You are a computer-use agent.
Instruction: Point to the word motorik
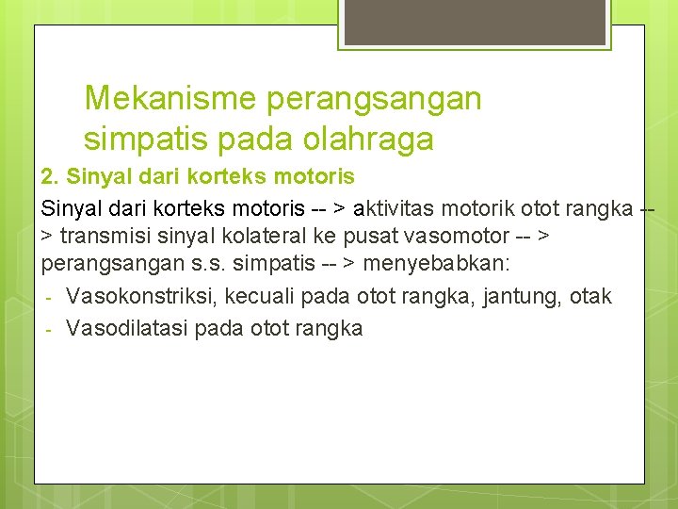pos(478,206)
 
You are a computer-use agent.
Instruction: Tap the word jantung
pos(524,297)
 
